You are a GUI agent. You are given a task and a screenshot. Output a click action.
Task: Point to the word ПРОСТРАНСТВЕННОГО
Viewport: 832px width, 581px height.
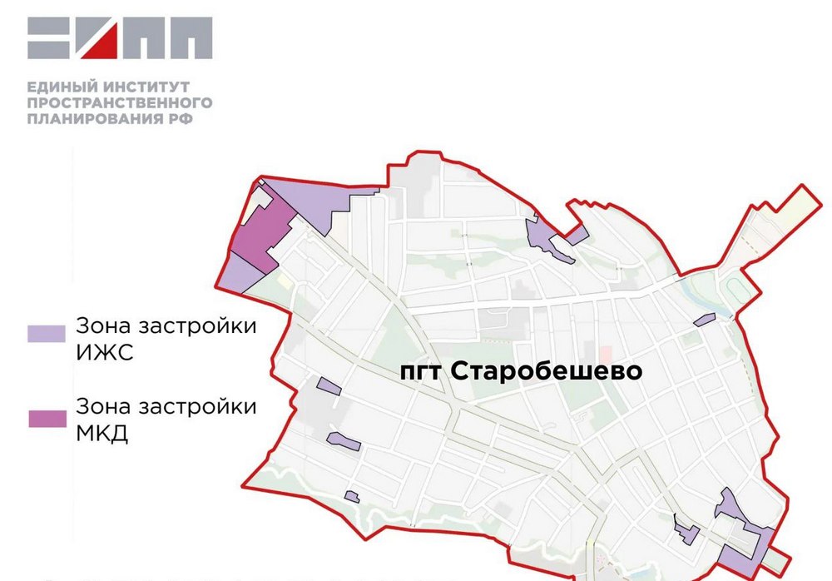coord(120,102)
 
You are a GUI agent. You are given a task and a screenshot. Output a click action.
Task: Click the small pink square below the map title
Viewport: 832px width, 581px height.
coord(605,353)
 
